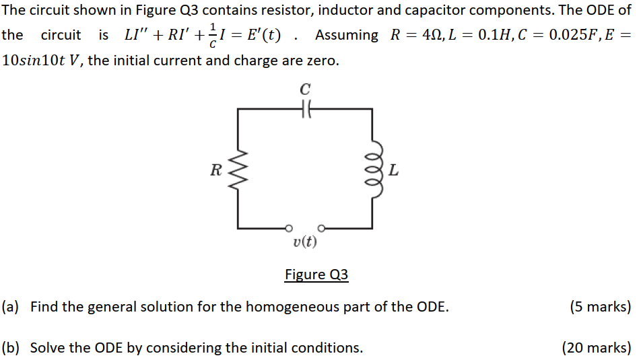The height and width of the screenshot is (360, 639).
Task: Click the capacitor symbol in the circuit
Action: coord(305,109)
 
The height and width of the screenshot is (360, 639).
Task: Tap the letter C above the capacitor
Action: coord(305,89)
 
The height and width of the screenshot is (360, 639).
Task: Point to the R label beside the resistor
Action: coord(215,170)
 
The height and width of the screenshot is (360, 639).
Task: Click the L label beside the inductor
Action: coord(393,170)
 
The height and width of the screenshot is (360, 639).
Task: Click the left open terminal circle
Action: coord(290,227)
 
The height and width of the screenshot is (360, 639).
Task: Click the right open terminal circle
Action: coord(321,227)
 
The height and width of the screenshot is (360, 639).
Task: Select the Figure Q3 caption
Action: coord(316,275)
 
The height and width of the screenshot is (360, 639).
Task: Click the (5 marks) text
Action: coord(600,308)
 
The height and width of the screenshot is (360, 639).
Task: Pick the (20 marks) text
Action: coord(597,348)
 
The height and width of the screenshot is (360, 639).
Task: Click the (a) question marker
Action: coord(10,308)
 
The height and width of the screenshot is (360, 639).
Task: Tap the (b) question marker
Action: coord(10,348)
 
